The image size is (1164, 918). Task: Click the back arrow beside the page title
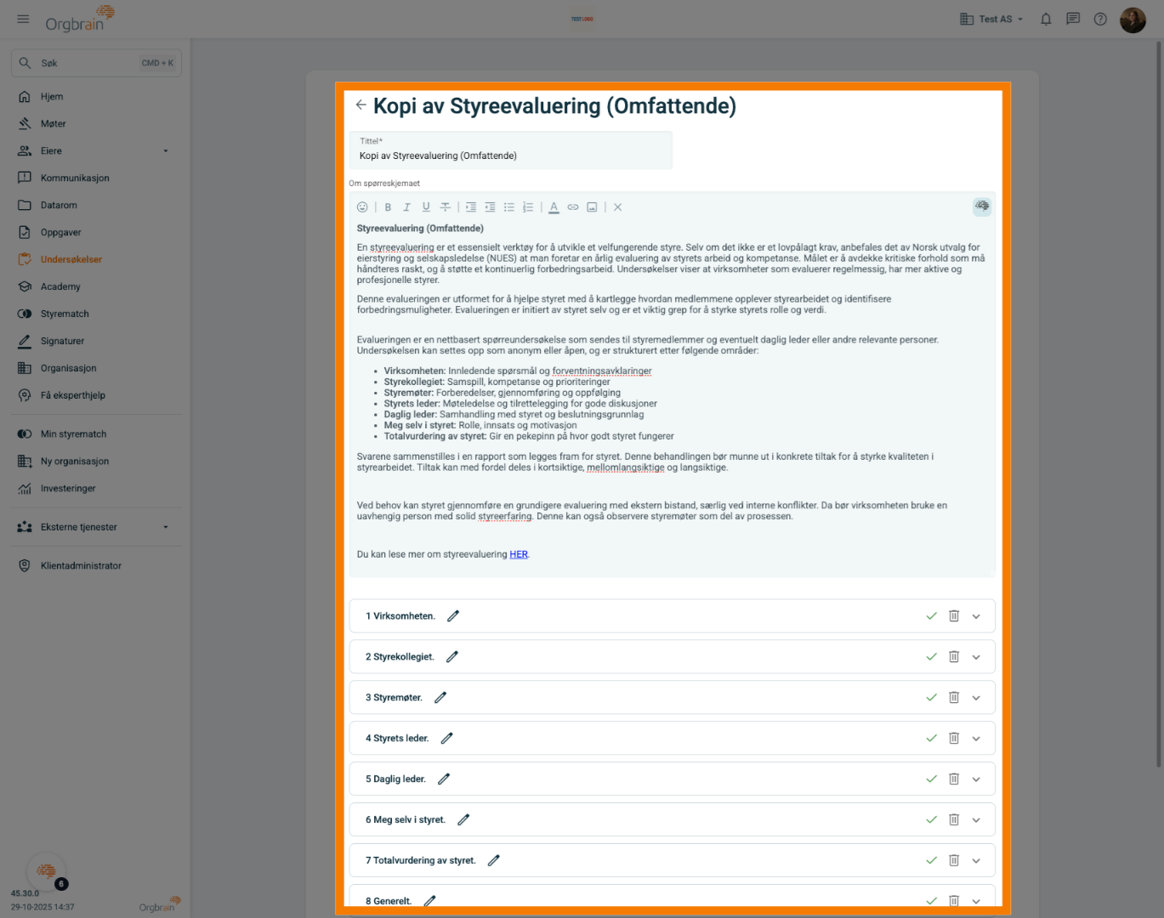pos(361,105)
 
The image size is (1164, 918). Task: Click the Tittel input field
pos(510,150)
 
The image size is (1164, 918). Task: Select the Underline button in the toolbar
pos(426,207)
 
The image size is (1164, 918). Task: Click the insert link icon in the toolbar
pos(572,207)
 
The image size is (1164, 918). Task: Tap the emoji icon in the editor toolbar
pos(362,207)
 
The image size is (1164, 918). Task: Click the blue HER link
pos(518,554)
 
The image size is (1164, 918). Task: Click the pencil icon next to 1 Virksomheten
pos(452,616)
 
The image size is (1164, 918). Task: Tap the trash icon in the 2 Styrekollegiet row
pos(954,657)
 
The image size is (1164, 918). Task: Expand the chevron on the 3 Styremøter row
pos(976,698)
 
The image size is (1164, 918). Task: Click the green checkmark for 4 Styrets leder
pos(931,739)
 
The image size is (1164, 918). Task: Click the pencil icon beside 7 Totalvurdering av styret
pos(493,861)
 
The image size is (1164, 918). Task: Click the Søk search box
pos(96,63)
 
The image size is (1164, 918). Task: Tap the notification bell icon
pos(1046,20)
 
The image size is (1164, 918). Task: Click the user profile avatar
pos(1133,20)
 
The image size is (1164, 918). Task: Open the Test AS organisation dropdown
pos(991,20)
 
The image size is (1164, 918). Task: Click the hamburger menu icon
pos(23,20)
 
